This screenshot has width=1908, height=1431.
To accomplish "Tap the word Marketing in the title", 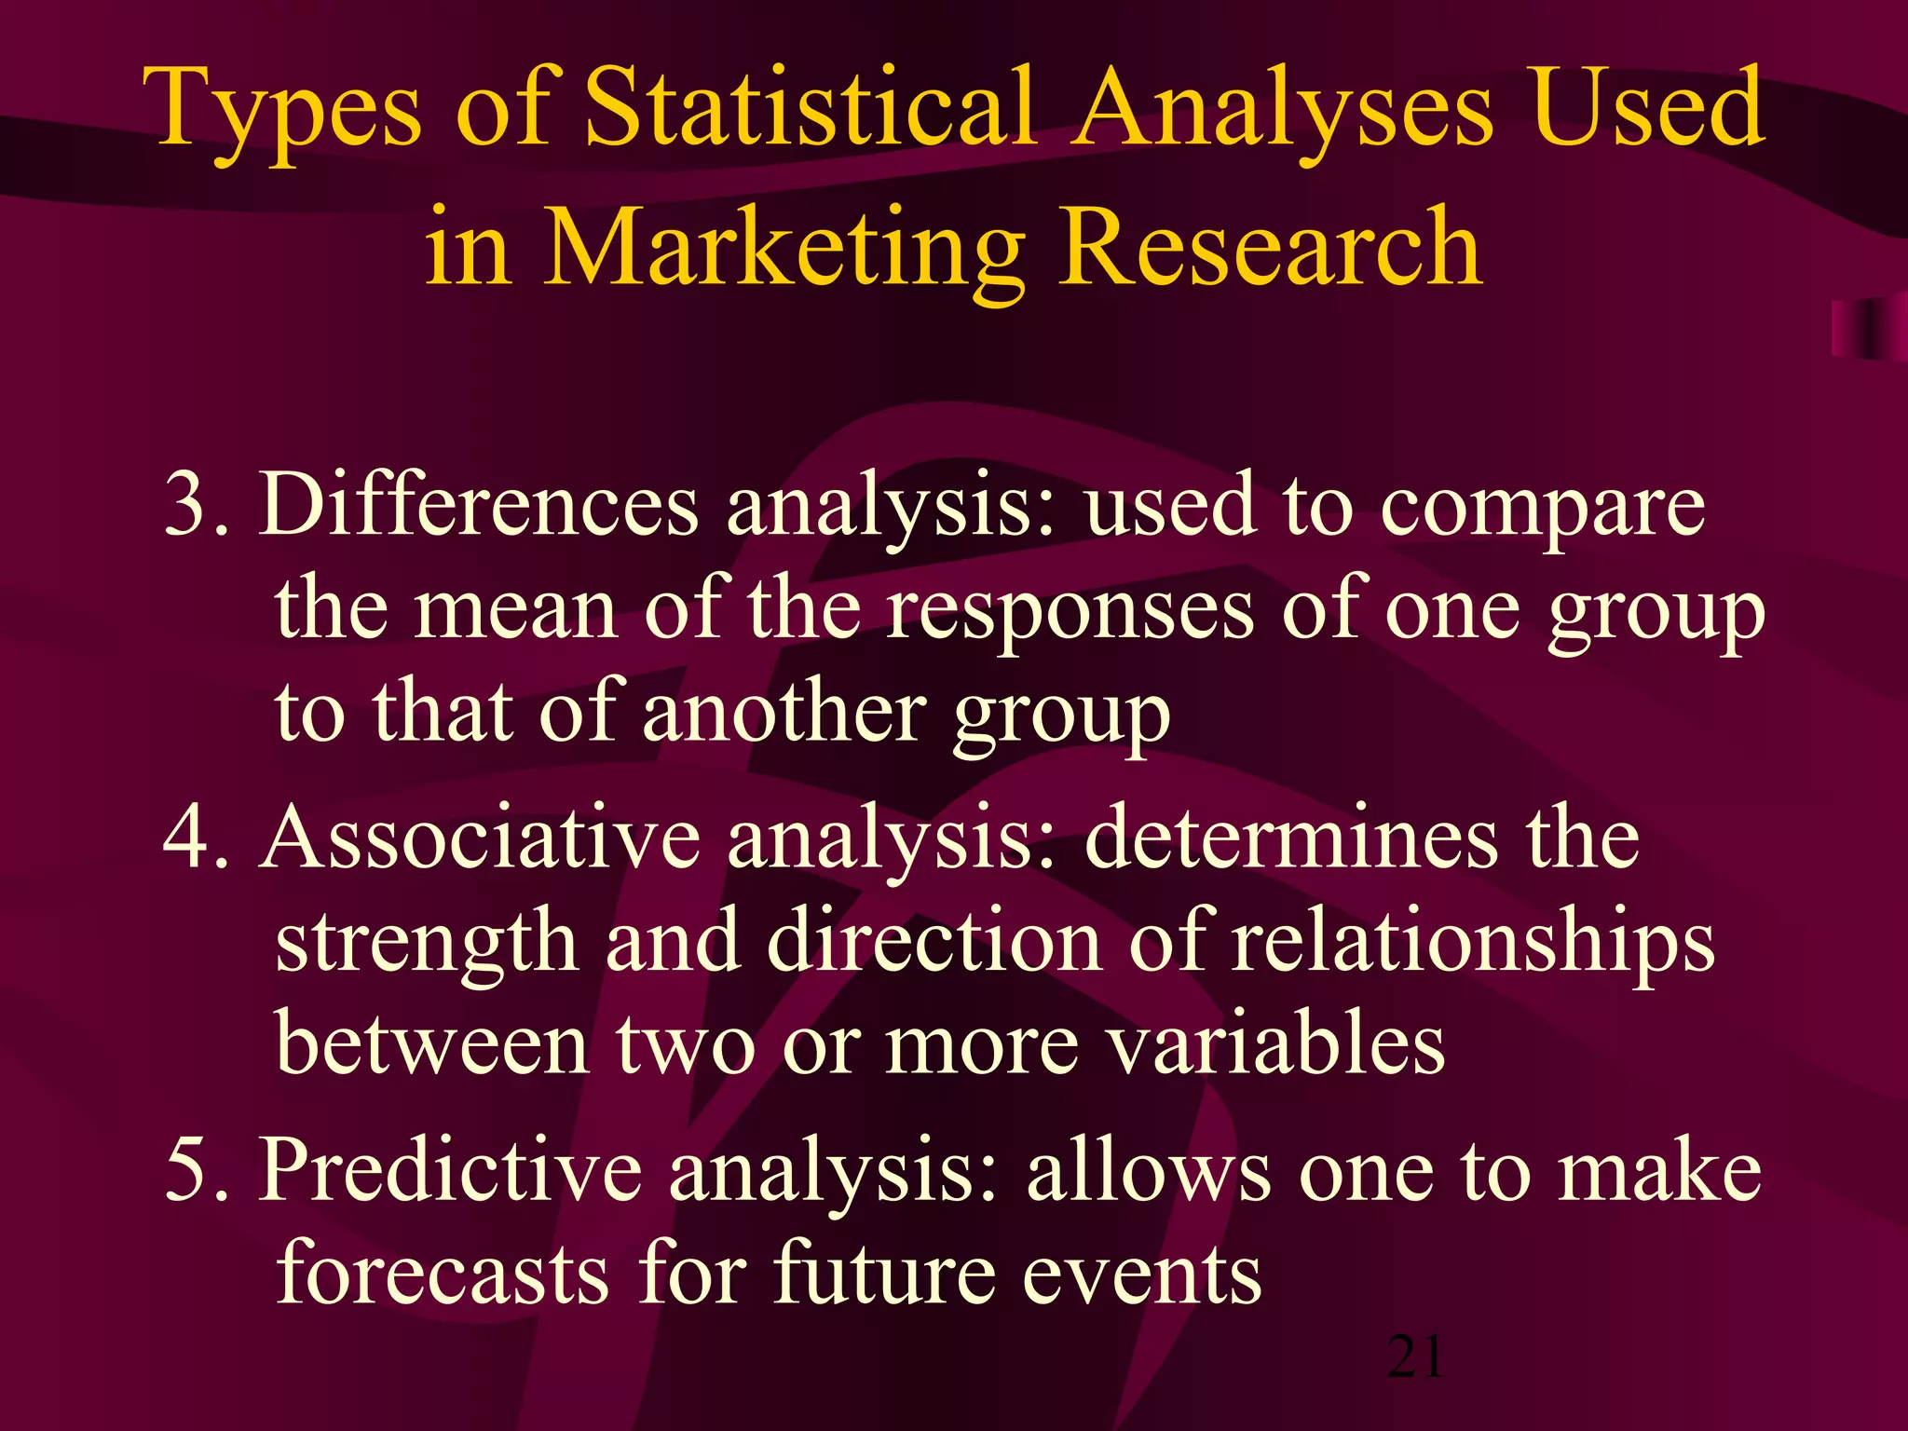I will click(783, 247).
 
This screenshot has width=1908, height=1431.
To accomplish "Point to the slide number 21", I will click(1415, 1357).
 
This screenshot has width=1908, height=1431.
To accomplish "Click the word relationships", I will click(1471, 943).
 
